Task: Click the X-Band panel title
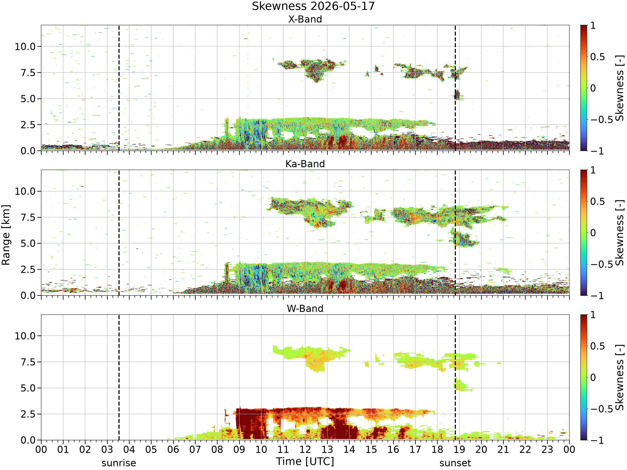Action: coord(305,19)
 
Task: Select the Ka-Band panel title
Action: coord(305,164)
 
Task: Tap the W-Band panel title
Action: coord(305,309)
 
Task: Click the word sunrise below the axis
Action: coord(119,463)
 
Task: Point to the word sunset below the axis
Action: coord(455,463)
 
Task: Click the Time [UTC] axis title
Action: coord(305,461)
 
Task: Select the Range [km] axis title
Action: coord(6,235)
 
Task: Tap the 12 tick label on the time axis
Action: coord(305,450)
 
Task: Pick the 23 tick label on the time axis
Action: coord(547,450)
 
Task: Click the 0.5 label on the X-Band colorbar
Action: coord(598,57)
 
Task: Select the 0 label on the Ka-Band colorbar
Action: coord(593,233)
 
